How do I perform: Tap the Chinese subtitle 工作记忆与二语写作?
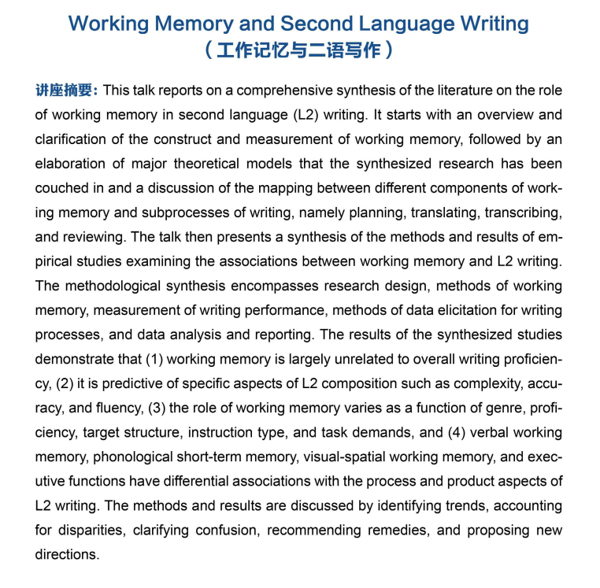tap(299, 52)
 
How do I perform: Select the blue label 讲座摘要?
tap(66, 91)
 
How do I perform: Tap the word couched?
tap(61, 188)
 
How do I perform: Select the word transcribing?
tap(520, 213)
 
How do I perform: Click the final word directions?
tap(66, 554)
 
